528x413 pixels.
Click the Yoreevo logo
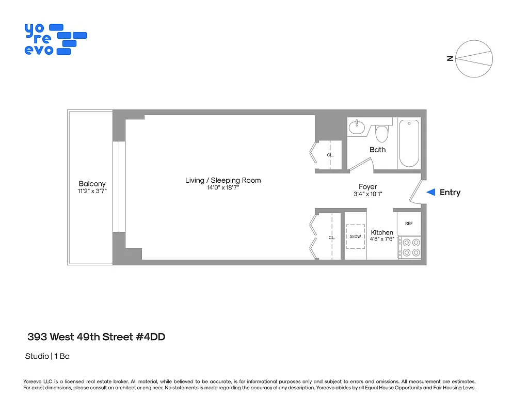pos(55,39)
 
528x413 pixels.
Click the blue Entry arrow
pos(430,192)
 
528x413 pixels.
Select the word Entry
pos(450,192)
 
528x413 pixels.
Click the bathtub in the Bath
pos(410,143)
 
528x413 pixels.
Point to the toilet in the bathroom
pos(381,134)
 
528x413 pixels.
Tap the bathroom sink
pos(357,126)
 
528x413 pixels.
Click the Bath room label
pos(377,150)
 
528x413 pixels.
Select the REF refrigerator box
pos(409,224)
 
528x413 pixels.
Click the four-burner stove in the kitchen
pos(409,247)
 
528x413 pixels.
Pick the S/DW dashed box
pos(356,236)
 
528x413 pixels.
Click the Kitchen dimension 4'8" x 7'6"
pos(381,239)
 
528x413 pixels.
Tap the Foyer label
pos(368,186)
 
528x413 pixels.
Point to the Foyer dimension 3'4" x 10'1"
pos(368,194)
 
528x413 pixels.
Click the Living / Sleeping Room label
pos(223,180)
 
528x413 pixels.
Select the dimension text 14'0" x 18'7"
pos(223,188)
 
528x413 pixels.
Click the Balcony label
pos(92,183)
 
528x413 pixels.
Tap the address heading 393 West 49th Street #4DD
pos(96,337)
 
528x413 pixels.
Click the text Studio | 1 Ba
pos(47,356)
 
